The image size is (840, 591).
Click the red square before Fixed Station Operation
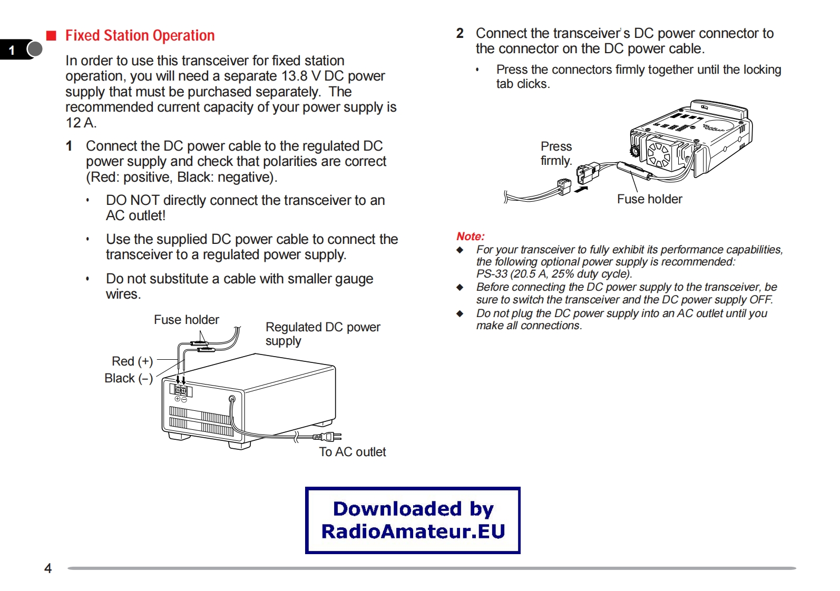(x=51, y=35)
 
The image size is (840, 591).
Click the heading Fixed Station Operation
(x=140, y=35)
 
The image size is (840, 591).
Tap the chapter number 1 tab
(x=12, y=50)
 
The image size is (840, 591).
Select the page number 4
(x=48, y=568)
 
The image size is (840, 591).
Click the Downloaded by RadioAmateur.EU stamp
(x=413, y=520)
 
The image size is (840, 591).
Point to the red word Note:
(x=470, y=237)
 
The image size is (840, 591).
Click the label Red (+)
(x=132, y=361)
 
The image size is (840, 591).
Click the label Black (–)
(x=129, y=378)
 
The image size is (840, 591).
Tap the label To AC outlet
(x=352, y=452)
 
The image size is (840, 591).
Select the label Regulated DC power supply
(x=322, y=334)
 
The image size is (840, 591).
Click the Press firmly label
(x=556, y=153)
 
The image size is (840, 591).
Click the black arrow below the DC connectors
(x=581, y=189)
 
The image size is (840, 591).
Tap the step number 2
(x=460, y=33)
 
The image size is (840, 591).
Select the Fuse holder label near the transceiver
(x=649, y=199)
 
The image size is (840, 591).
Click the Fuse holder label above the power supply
(x=186, y=320)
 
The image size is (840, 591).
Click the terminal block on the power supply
(x=181, y=390)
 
